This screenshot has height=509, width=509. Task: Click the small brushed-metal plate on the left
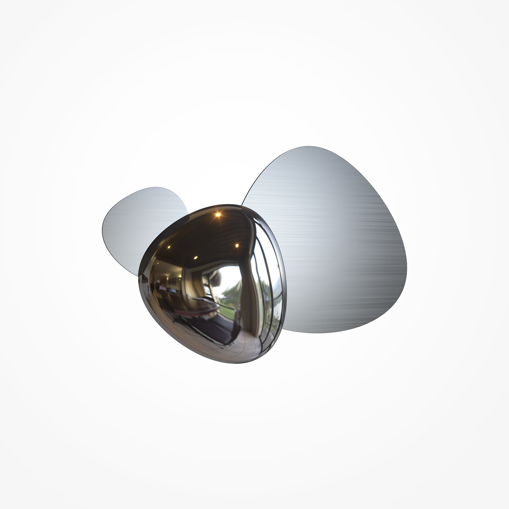137,224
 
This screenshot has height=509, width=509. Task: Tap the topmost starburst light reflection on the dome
218,214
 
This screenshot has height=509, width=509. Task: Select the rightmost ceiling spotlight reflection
237,245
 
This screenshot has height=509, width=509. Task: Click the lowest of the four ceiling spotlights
195,257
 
